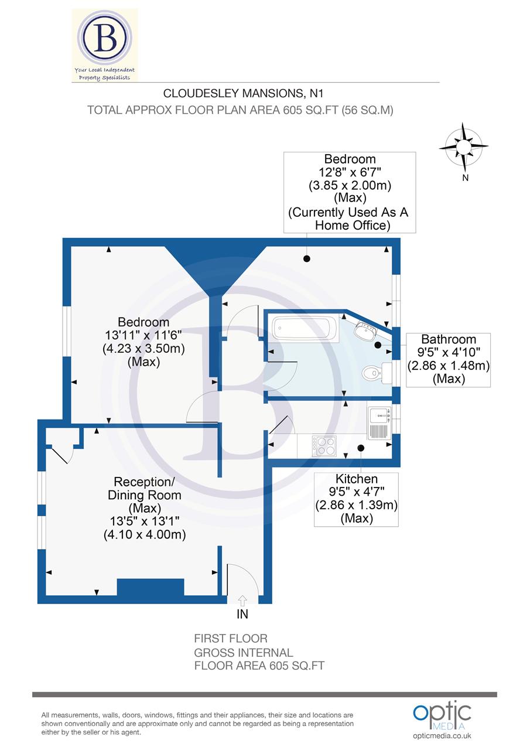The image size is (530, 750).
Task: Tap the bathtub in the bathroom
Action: tap(305, 329)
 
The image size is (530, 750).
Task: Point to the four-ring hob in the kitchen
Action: tap(324, 446)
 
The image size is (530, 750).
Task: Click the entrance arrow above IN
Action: tap(242, 599)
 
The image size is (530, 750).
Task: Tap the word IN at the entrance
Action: tap(242, 614)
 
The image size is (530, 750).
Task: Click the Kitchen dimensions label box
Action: tap(356, 499)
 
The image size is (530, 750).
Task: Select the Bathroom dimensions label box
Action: tap(448, 359)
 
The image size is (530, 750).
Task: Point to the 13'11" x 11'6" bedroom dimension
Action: tap(143, 335)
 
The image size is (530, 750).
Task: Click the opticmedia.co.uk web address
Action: tap(442, 736)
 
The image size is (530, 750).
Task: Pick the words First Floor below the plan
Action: tap(231, 639)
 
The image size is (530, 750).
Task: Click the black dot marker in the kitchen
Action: tap(361, 448)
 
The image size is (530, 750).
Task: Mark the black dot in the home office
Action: tap(306, 258)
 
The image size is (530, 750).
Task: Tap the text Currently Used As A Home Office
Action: tap(349, 219)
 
